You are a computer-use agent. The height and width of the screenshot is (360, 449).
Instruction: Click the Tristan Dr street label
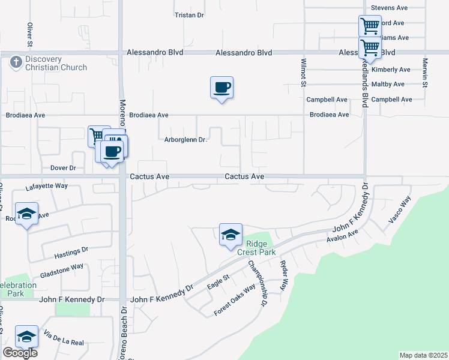189,14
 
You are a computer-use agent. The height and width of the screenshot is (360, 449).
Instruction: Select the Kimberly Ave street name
391,70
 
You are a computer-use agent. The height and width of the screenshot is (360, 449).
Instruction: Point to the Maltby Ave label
388,84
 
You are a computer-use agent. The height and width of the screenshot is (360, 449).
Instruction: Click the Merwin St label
424,73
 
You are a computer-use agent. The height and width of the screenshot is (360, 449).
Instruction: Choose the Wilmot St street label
304,72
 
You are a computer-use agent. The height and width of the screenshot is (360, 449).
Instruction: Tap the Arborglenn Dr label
185,140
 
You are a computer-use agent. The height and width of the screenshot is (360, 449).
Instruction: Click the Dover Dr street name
63,168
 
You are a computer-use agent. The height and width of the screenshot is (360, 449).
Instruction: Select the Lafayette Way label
47,187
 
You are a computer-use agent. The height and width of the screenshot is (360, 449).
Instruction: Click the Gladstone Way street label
62,271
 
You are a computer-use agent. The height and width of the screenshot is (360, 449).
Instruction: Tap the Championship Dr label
257,283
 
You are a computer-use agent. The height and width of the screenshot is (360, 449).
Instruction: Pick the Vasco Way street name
399,210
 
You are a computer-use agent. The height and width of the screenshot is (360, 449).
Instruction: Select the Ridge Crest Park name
256,248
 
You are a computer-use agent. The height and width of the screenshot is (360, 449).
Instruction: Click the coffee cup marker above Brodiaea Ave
221,88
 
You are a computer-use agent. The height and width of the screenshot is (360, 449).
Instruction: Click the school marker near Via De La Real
26,337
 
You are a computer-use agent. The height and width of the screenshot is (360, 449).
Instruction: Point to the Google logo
19,353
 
